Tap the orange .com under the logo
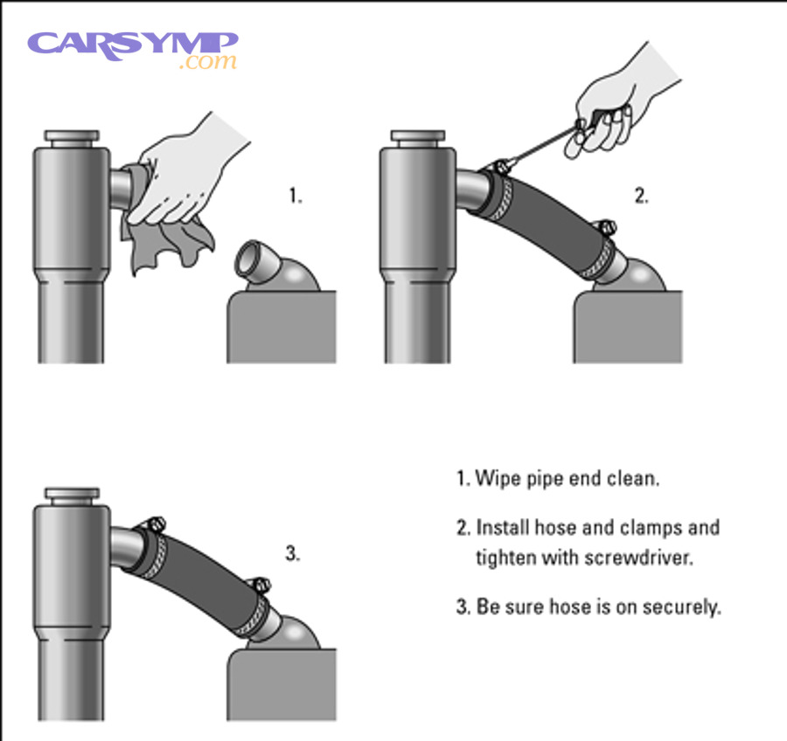[x=207, y=63]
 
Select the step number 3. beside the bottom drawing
[x=293, y=553]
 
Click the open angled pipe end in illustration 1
[x=254, y=263]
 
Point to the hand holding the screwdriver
[x=612, y=105]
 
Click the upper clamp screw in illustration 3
[x=155, y=524]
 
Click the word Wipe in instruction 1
[x=494, y=479]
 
